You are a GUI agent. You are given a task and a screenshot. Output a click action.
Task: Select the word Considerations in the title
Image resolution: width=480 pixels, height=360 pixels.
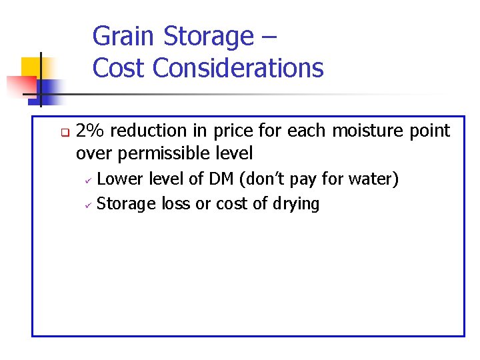click(x=239, y=68)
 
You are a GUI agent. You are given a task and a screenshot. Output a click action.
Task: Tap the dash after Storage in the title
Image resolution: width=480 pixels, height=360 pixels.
click(x=267, y=37)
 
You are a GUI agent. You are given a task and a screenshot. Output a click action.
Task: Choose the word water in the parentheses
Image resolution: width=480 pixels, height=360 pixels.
click(x=372, y=179)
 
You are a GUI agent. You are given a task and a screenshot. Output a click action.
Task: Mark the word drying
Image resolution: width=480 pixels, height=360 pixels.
click(x=295, y=204)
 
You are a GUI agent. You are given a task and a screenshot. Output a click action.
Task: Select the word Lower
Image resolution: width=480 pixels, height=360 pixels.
click(x=119, y=179)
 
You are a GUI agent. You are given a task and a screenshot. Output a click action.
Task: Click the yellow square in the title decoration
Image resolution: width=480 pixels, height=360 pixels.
click(x=31, y=67)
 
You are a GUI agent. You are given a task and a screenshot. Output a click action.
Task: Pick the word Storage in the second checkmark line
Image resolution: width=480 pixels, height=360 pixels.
click(x=127, y=204)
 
